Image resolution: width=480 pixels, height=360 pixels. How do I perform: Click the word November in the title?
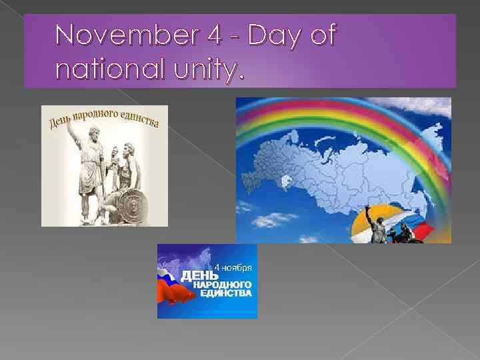point(127,35)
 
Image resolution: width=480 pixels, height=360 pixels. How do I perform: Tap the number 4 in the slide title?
point(214,35)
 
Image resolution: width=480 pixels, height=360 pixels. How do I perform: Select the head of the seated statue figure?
point(127,148)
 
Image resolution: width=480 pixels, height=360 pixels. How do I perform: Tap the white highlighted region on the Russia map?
point(287,180)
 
